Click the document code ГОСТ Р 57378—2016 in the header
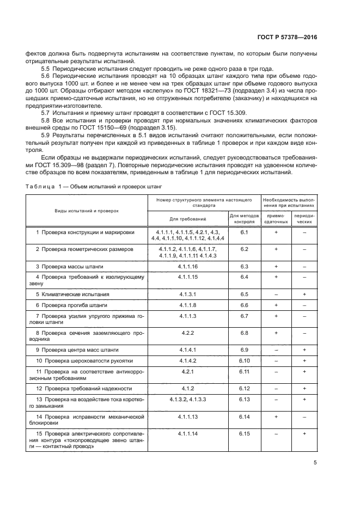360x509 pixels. [x=287, y=36]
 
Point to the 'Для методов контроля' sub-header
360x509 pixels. [x=244, y=218]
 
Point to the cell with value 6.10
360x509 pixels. [x=244, y=360]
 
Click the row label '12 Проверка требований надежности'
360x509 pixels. [x=84, y=388]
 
